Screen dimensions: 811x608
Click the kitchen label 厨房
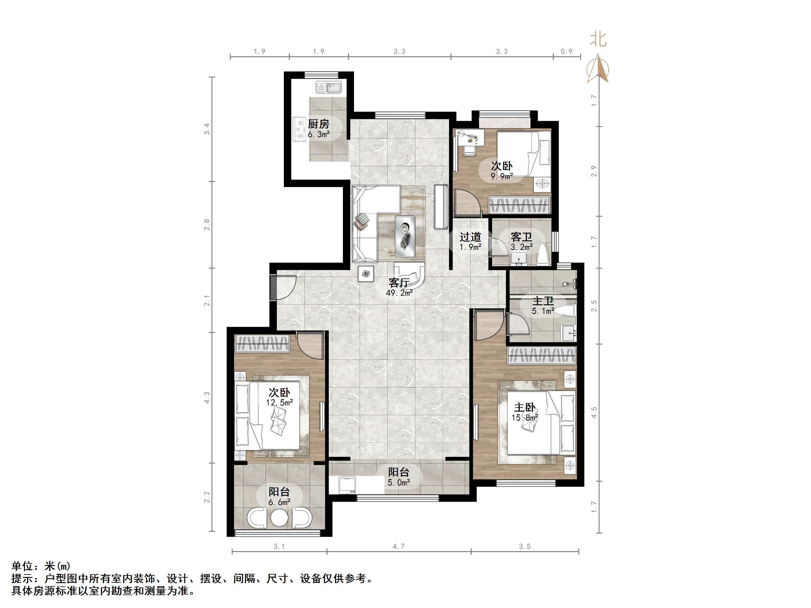pyautogui.click(x=318, y=124)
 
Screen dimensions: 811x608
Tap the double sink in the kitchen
pyautogui.click(x=328, y=88)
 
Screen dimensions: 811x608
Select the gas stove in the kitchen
pyautogui.click(x=300, y=129)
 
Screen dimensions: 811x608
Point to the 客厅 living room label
pyautogui.click(x=399, y=282)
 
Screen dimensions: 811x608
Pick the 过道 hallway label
pyautogui.click(x=471, y=237)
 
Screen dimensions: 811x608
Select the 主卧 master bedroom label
pyautogui.click(x=525, y=407)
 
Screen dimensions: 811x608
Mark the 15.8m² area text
pyautogui.click(x=525, y=417)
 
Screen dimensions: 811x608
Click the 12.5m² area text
pyautogui.click(x=279, y=402)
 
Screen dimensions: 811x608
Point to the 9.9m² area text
pyautogui.click(x=502, y=176)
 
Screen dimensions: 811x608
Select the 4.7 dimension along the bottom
pyautogui.click(x=399, y=547)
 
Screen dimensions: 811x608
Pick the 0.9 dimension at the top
pyautogui.click(x=567, y=52)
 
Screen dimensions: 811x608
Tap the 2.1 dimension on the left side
pyautogui.click(x=207, y=301)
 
